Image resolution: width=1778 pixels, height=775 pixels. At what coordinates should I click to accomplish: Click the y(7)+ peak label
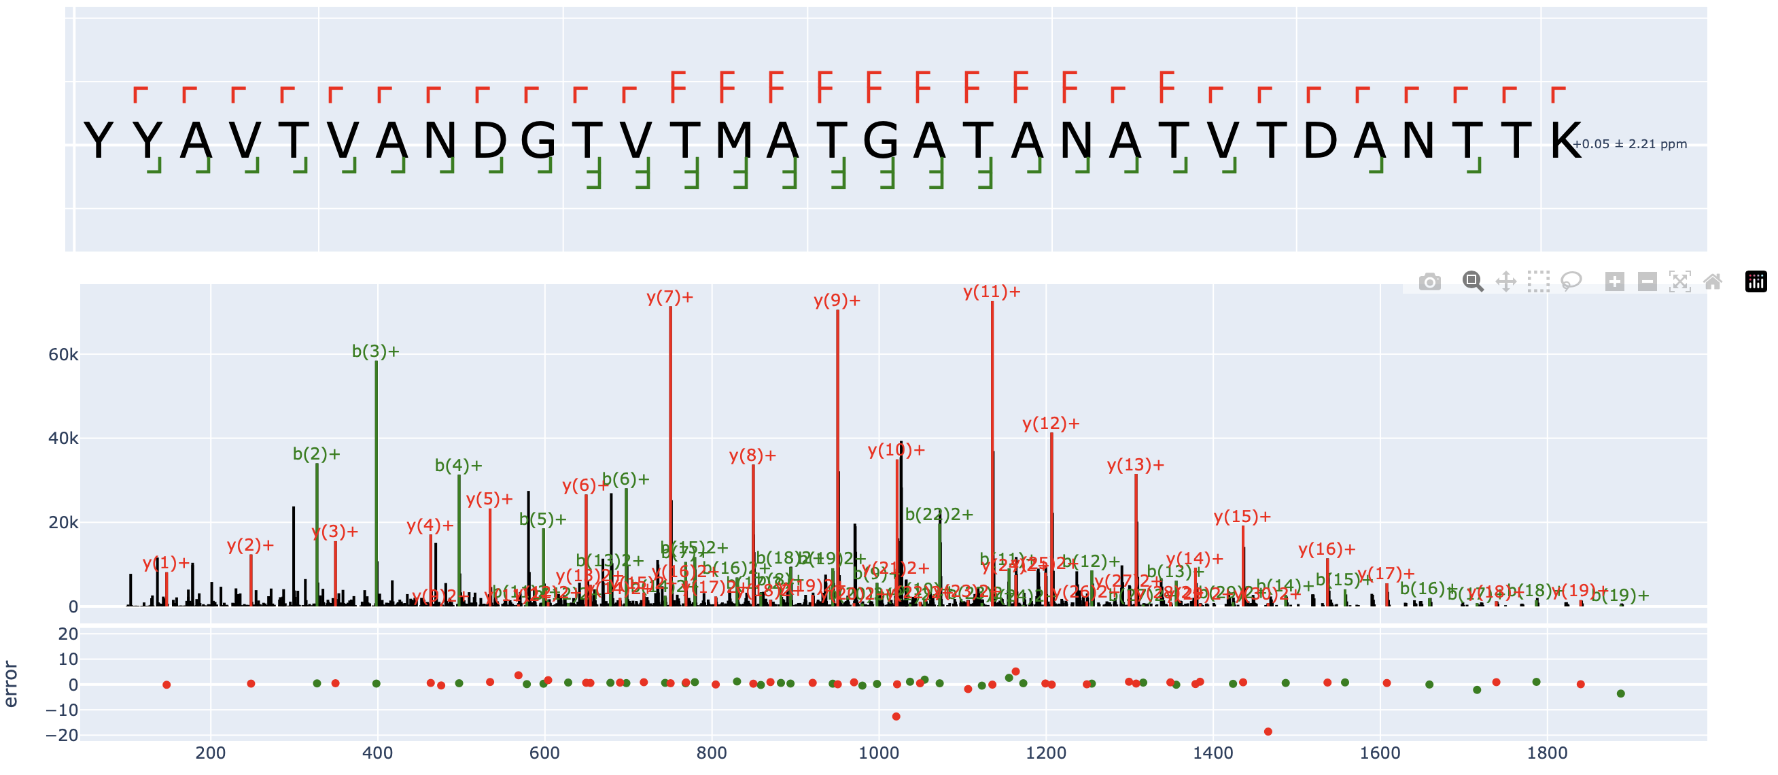pos(669,298)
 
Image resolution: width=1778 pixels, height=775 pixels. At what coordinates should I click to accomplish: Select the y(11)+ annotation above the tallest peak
pos(991,292)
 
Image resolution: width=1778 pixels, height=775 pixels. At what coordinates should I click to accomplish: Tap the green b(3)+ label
pos(375,351)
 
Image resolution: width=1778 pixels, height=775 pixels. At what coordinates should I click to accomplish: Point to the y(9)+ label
pos(837,301)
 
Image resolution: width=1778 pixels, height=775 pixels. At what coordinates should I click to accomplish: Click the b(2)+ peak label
pos(316,454)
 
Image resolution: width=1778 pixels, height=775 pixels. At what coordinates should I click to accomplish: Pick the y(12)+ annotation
pos(1051,424)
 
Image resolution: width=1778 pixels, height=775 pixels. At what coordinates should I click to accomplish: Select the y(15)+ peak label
pos(1242,517)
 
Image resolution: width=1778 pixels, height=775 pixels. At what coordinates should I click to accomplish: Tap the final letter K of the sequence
pos(1565,141)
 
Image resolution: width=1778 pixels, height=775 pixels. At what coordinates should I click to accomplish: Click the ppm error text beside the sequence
pos(1630,144)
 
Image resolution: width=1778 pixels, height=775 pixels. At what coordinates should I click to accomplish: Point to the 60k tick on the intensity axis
pos(63,355)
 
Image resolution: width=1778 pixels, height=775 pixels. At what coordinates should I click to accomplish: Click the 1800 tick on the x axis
pos(1547,753)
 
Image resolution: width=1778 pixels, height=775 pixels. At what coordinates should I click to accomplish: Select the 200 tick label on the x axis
pos(211,753)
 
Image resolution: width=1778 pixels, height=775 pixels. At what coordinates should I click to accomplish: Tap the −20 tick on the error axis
pos(62,736)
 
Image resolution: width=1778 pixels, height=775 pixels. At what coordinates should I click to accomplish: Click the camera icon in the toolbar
pos(1429,281)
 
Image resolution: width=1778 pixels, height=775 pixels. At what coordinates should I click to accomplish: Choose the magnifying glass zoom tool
pos(1472,281)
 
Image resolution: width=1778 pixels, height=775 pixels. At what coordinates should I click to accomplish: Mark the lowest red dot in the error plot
pos(1268,731)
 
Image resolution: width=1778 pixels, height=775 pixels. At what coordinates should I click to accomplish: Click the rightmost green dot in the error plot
pos(1620,693)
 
